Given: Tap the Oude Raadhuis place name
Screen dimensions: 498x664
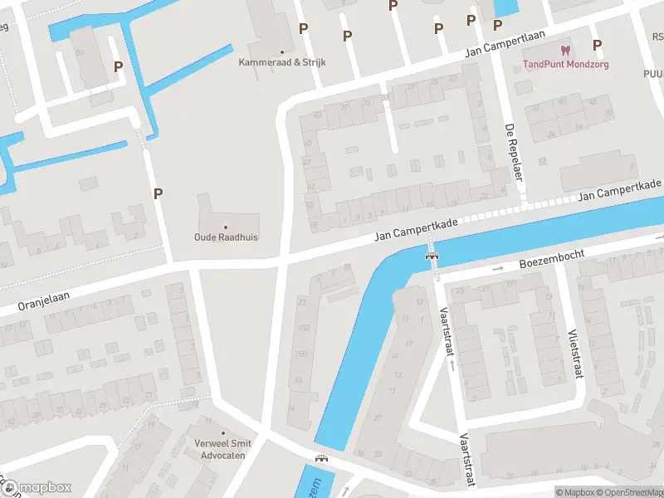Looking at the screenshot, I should point(227,237).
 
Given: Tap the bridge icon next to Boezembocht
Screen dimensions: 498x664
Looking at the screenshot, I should point(431,256).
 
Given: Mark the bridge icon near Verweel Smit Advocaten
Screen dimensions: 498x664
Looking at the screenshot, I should point(321,457).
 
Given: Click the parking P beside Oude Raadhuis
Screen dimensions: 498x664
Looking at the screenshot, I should point(158,193).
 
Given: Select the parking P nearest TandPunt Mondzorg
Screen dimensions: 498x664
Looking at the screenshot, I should point(596,45).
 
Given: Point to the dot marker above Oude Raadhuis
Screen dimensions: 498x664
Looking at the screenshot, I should point(226,226).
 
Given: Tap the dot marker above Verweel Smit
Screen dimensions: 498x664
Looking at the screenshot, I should point(222,433).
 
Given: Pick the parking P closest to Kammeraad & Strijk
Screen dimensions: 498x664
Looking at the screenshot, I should point(304,28).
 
